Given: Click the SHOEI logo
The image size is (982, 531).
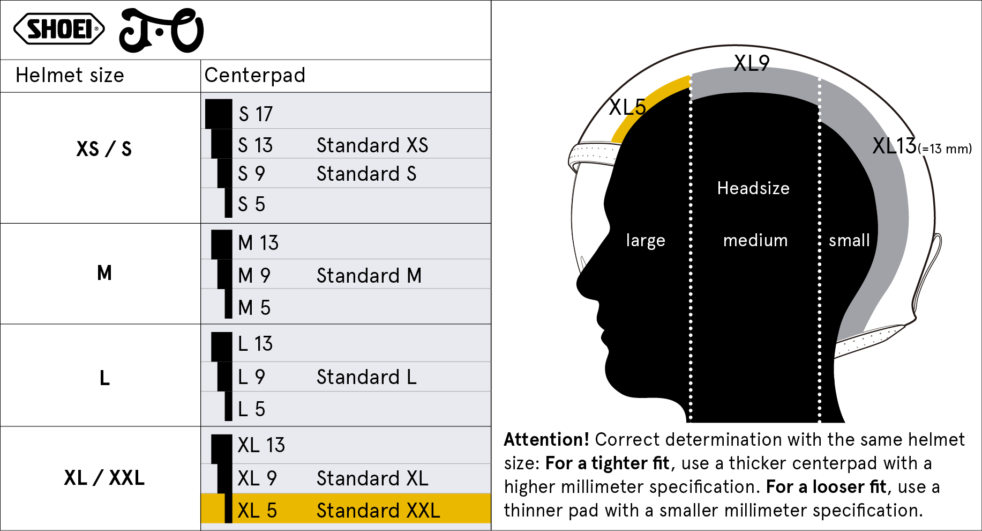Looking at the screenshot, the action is [59, 29].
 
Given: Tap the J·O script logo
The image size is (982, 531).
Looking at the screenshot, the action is [161, 31].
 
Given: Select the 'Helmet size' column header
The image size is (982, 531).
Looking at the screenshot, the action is [70, 75].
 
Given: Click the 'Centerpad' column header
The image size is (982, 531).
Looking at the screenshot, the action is [255, 75].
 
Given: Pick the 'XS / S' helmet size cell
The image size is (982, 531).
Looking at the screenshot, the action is [104, 149].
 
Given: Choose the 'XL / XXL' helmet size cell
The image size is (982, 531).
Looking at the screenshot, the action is [104, 477].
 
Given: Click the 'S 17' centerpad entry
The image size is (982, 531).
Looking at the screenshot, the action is [256, 114].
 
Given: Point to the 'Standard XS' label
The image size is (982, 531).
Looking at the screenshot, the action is [372, 145].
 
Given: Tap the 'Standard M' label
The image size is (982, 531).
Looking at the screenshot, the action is [369, 275].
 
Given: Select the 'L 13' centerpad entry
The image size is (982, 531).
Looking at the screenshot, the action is [255, 343].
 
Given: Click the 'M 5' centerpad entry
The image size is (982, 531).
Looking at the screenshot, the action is [254, 307].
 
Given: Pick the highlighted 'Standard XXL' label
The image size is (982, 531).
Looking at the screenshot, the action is [378, 510].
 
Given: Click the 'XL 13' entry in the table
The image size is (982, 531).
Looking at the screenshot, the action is [261, 445].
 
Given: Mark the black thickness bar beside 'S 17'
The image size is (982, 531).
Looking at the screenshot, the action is [219, 114].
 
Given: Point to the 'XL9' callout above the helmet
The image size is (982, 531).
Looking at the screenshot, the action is [752, 63].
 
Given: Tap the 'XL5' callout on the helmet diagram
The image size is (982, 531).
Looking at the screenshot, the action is [627, 107].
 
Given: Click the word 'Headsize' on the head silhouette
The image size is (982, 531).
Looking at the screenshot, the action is [753, 188].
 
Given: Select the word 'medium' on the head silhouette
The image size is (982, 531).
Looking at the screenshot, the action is [755, 240].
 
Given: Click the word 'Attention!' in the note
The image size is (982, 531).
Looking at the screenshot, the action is [546, 439].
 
